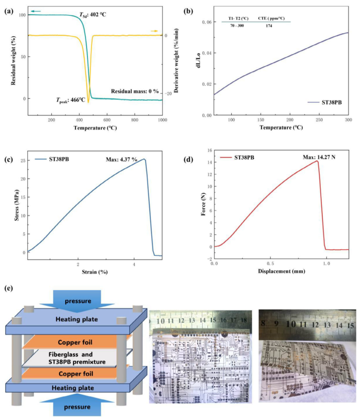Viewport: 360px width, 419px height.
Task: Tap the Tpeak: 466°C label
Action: point(72,101)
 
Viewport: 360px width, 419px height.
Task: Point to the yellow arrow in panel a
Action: point(155,31)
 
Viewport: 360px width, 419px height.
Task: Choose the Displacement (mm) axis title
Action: point(281,272)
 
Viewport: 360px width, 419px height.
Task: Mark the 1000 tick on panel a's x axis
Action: point(162,120)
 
